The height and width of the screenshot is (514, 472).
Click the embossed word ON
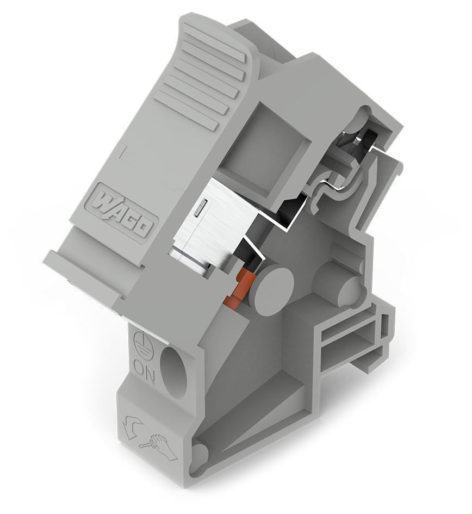pyautogui.click(x=144, y=374)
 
